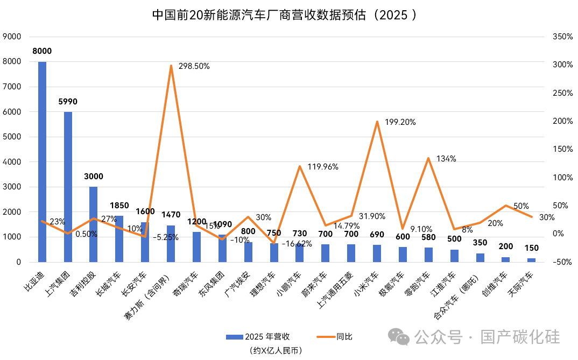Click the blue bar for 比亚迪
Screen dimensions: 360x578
click(42, 161)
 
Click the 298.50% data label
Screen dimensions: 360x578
click(193, 66)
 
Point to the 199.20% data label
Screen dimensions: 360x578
click(399, 122)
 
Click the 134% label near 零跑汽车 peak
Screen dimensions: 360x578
click(446, 159)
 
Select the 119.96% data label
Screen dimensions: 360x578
click(322, 167)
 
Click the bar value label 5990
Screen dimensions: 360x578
click(68, 101)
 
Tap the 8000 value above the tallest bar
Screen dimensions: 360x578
click(42, 51)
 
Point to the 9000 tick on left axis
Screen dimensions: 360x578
click(12, 37)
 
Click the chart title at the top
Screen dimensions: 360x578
click(285, 15)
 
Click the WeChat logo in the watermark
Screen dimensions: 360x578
click(399, 337)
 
